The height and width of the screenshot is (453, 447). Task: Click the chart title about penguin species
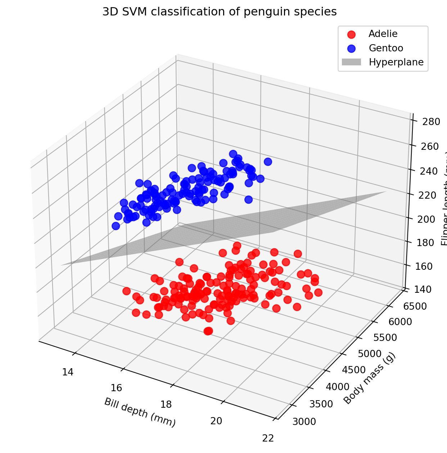[x=220, y=12]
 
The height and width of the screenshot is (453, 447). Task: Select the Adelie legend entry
[x=383, y=34]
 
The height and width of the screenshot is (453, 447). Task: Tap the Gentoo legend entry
[x=386, y=48]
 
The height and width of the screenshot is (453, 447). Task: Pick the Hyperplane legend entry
[x=396, y=62]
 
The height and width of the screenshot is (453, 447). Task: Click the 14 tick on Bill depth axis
[x=68, y=372]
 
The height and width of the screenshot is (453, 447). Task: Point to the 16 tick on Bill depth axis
[x=116, y=388]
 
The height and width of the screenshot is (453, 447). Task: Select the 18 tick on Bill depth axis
[x=166, y=405]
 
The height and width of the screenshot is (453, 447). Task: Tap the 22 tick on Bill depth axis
[x=268, y=438]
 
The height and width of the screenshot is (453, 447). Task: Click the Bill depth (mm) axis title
[x=140, y=412]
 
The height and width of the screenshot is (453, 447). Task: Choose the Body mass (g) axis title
[x=370, y=378]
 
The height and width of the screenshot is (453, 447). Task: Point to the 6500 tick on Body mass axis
[x=415, y=306]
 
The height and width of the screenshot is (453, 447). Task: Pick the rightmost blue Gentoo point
[x=268, y=162]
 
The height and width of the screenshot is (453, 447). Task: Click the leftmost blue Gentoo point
[x=116, y=226]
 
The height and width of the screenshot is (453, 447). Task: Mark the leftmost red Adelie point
[x=126, y=291]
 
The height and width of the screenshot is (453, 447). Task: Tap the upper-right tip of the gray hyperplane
[x=386, y=192]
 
